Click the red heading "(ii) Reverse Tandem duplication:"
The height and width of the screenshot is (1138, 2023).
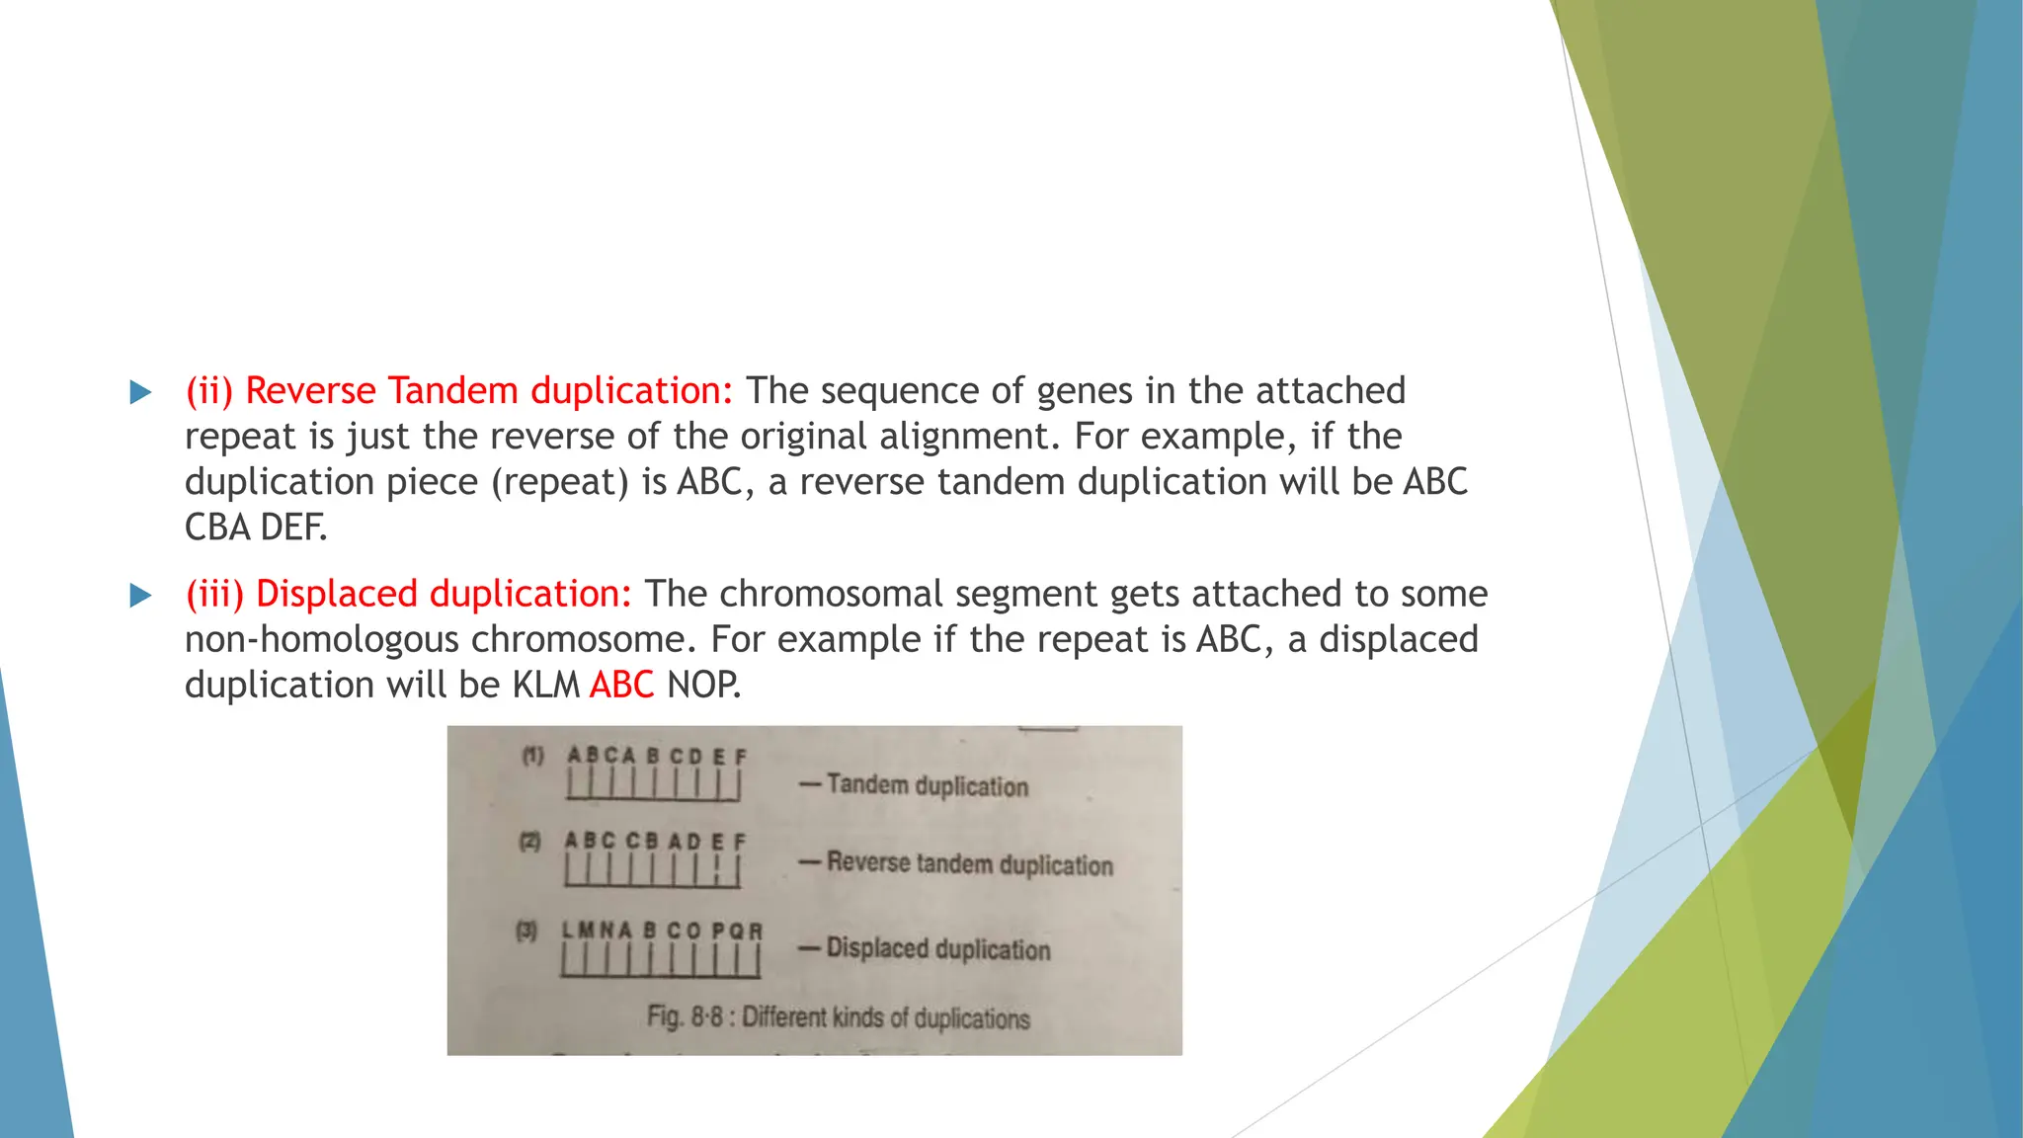(459, 391)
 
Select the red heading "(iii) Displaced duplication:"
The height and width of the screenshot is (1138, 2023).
(409, 594)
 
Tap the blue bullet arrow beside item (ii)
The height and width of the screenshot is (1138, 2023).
(141, 392)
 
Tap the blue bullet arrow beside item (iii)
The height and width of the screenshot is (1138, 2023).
(141, 595)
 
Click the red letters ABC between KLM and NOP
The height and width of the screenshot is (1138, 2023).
(621, 685)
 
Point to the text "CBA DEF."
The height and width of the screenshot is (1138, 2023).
(256, 528)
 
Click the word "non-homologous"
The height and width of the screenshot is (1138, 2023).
(321, 639)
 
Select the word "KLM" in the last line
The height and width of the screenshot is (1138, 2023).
(545, 685)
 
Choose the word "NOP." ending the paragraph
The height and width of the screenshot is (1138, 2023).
(703, 685)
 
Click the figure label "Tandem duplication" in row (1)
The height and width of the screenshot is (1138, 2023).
(928, 785)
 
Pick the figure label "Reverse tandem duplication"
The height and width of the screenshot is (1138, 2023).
(970, 863)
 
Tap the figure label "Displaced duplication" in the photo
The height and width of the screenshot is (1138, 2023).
(938, 948)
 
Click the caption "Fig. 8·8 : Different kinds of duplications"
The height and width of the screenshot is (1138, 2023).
(839, 1016)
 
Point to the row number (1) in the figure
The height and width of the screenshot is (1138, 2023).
(532, 757)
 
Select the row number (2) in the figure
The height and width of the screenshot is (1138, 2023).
(530, 842)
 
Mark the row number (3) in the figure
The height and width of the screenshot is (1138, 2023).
(526, 931)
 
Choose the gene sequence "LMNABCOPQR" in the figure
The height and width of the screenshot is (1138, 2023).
(662, 931)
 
